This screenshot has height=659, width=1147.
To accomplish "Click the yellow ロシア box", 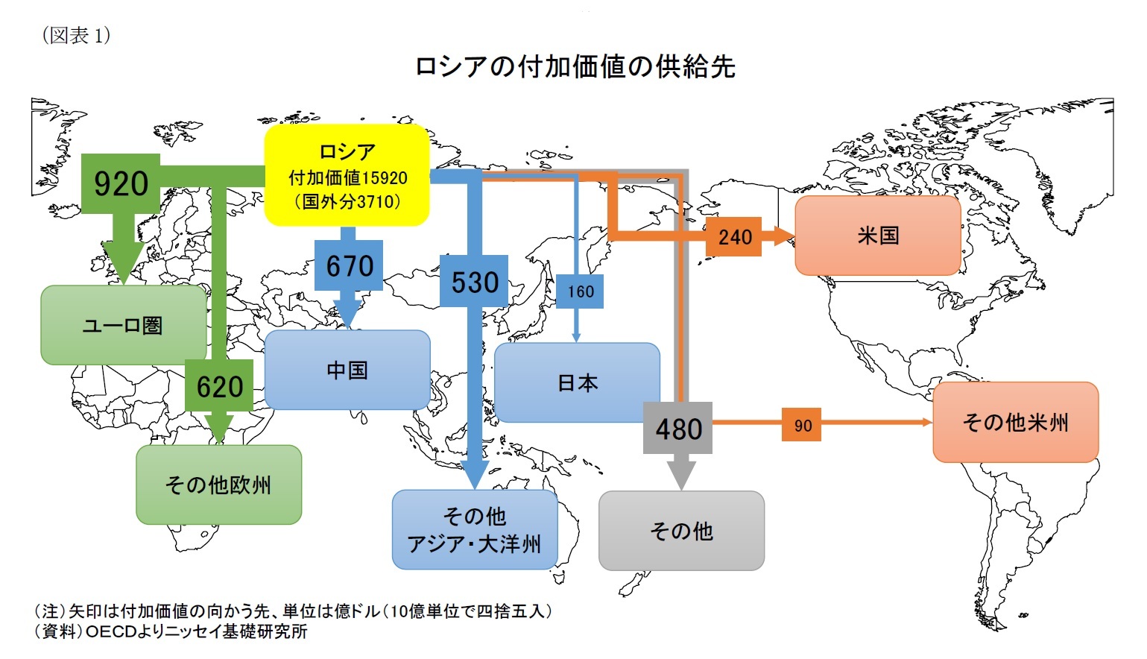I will tap(347, 176).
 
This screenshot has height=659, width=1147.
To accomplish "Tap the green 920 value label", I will tap(121, 183).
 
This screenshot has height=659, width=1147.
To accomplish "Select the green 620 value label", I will tap(219, 386).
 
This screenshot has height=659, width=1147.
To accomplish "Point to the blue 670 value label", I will tap(349, 266).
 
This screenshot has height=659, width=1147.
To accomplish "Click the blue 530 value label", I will tap(474, 282).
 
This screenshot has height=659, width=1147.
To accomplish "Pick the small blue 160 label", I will tap(580, 291).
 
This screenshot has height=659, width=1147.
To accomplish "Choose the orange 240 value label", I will tap(734, 237).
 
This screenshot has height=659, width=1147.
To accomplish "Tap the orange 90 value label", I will tap(802, 426).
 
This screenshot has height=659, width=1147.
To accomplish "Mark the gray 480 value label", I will tap(678, 429).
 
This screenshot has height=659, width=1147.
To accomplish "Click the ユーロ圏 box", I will tap(123, 326).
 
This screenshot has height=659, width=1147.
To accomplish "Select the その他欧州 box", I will tap(218, 485).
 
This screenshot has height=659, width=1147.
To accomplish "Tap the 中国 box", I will tap(347, 371).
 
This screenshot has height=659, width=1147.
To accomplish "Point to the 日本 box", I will tap(577, 383).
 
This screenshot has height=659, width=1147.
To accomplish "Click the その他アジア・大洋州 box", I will tap(475, 530).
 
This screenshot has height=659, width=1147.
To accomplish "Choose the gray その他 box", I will tap(681, 531).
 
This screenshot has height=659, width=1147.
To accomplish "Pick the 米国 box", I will tap(878, 236).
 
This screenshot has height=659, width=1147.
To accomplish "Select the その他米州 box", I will tap(1015, 423).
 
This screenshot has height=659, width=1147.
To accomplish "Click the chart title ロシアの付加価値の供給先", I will tap(575, 67).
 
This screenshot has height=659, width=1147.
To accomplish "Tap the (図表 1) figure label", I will tap(76, 35).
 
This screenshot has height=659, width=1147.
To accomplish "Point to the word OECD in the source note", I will tap(111, 632).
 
